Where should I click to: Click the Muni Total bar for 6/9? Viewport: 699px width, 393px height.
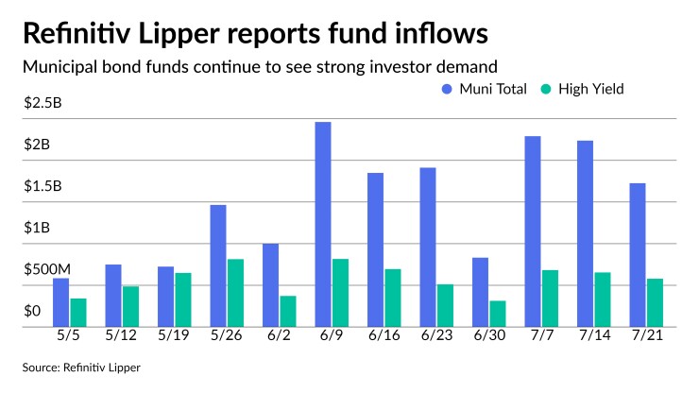point(323,225)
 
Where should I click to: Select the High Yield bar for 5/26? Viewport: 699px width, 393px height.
point(235,293)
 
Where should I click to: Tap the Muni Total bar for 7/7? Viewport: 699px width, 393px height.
point(533,231)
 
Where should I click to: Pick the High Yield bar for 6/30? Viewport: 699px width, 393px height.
point(497,314)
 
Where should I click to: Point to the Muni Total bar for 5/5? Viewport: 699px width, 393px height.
point(61,302)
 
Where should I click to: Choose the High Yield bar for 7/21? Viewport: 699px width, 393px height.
point(654,302)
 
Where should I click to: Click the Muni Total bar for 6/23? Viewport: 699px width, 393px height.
point(428,248)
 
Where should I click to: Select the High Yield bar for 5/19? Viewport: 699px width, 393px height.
point(183,299)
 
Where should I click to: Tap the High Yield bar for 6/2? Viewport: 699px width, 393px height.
point(288,311)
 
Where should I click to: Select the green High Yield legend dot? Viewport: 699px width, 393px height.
point(546,89)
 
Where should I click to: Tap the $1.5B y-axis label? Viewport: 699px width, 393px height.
point(43,186)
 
